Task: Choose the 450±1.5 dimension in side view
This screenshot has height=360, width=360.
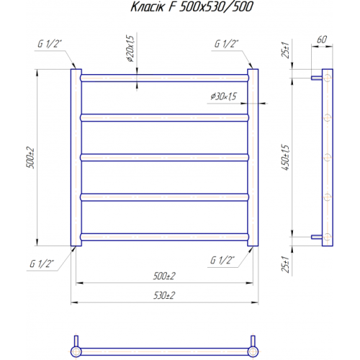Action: coord(287,156)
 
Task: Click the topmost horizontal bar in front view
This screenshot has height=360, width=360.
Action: coord(163,76)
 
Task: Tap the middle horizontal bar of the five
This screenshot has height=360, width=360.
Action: coord(163,156)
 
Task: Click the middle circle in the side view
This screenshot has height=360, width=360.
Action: coord(327,156)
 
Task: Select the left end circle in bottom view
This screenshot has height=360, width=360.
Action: coord(76,351)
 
